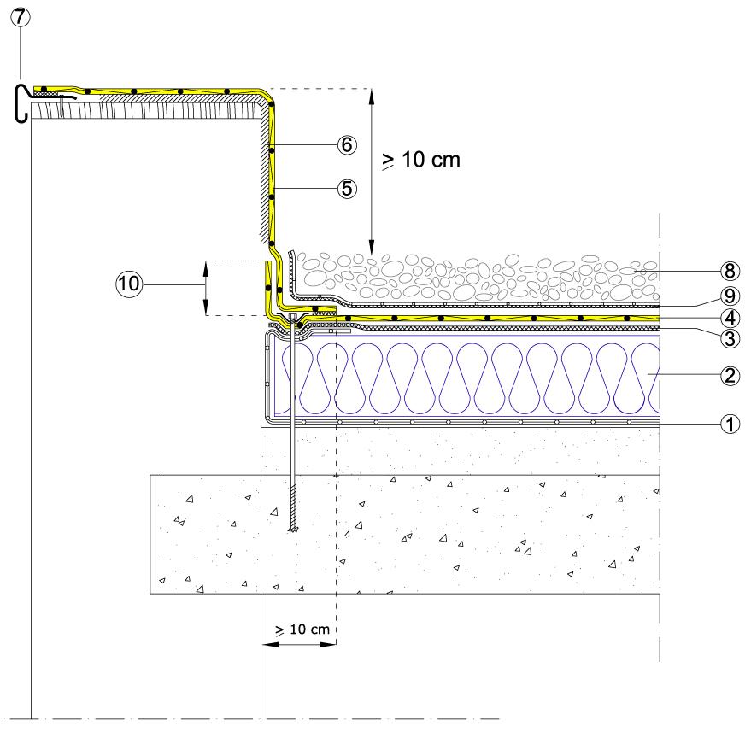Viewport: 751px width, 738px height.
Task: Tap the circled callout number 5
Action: (346, 188)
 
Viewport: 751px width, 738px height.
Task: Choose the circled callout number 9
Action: (729, 296)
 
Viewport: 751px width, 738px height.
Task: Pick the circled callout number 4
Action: (729, 318)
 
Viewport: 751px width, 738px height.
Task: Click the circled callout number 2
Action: (729, 374)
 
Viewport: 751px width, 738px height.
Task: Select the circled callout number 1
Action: (729, 422)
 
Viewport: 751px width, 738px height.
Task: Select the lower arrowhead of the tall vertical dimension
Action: (372, 249)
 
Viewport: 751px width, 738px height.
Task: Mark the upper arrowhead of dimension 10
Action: (206, 265)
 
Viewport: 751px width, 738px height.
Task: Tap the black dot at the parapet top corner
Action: (273, 104)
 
